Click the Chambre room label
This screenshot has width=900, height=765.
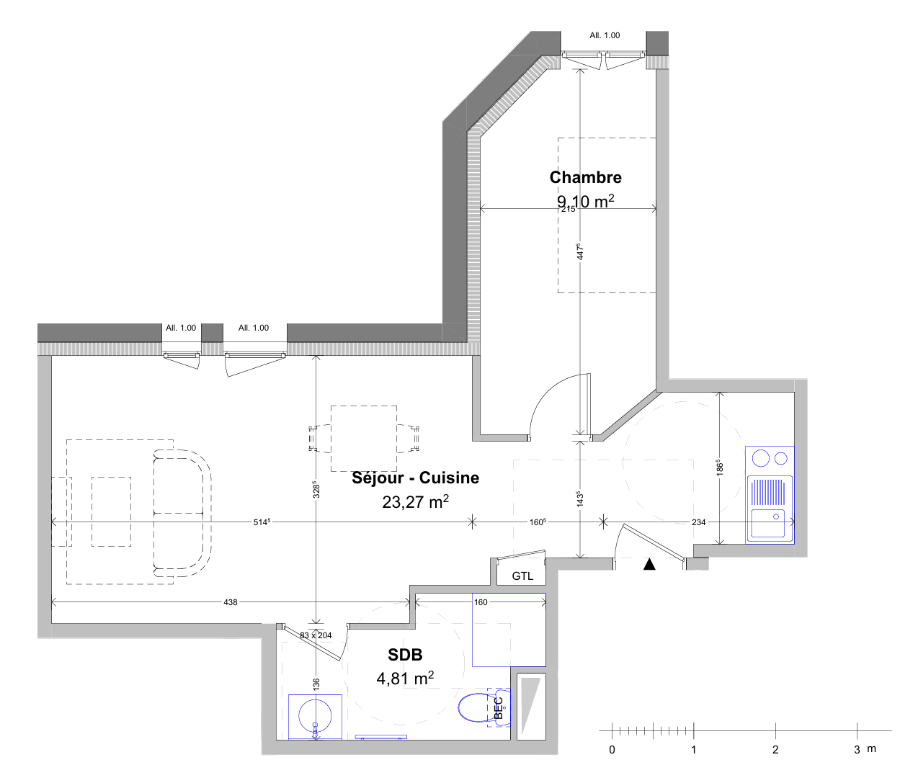[x=585, y=178]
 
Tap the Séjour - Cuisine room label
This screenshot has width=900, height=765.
[x=415, y=478]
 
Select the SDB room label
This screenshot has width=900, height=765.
[x=405, y=655]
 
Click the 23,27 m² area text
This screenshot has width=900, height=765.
[x=415, y=501]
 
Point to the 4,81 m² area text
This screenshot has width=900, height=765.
[x=405, y=679]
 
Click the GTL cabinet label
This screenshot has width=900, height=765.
[x=522, y=576]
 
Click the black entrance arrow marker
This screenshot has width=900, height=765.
[x=649, y=565]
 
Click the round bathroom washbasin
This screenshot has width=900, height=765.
[x=315, y=715]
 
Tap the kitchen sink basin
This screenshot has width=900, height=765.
[x=767, y=523]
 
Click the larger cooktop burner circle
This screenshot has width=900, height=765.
[x=761, y=458]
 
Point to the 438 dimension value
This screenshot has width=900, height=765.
[x=231, y=602]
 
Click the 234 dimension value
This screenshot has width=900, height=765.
[x=698, y=522]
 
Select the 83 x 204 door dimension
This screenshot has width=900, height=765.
[x=316, y=635]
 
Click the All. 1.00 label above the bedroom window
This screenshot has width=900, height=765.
[x=604, y=35]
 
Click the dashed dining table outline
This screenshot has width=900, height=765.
[x=363, y=438]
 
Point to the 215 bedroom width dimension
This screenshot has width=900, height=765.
[x=568, y=209]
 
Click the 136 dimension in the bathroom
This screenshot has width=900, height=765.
[x=316, y=683]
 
